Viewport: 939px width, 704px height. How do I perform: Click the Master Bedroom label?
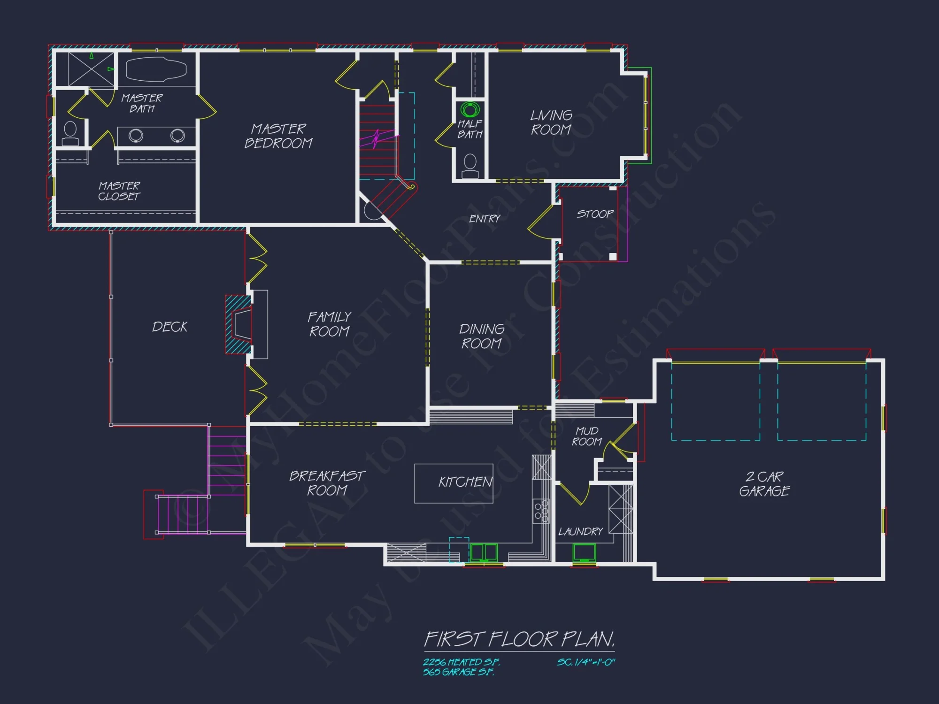pyautogui.click(x=278, y=136)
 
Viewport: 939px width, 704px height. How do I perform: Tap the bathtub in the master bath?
pyautogui.click(x=156, y=69)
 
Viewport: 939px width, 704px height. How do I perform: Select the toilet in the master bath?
pyautogui.click(x=70, y=133)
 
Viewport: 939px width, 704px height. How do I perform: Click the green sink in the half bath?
pyautogui.click(x=469, y=110)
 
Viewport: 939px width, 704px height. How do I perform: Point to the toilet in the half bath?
pyautogui.click(x=470, y=165)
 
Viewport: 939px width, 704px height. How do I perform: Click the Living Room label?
pyautogui.click(x=551, y=122)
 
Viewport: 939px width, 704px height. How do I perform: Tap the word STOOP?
pyautogui.click(x=595, y=214)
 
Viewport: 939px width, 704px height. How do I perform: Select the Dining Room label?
pyautogui.click(x=482, y=336)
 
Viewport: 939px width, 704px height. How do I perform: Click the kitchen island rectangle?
pyautogui.click(x=454, y=483)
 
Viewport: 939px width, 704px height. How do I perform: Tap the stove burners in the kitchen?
pyautogui.click(x=541, y=511)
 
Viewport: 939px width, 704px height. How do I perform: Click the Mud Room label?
pyautogui.click(x=587, y=436)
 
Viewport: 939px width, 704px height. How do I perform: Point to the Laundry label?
pyautogui.click(x=580, y=531)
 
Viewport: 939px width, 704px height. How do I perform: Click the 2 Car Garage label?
pyautogui.click(x=764, y=484)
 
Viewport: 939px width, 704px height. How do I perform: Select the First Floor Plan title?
pyautogui.click(x=519, y=639)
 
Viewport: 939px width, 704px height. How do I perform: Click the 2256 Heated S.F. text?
pyautogui.click(x=461, y=662)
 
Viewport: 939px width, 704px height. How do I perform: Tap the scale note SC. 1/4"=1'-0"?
pyautogui.click(x=586, y=662)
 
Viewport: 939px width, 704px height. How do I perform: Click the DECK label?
pyautogui.click(x=169, y=327)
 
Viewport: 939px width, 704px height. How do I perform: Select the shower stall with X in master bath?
pyautogui.click(x=92, y=69)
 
